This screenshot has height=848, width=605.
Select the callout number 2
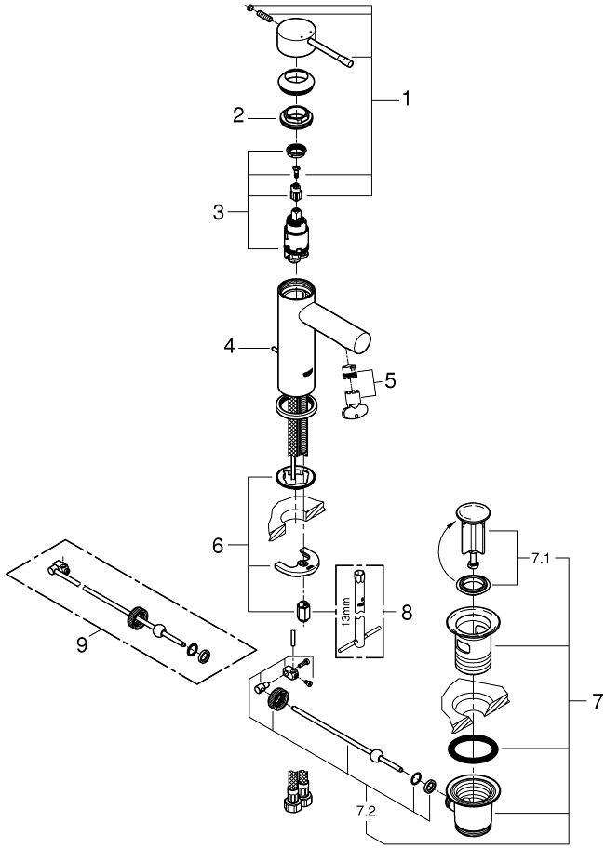point(238,115)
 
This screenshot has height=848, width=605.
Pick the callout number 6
point(217,547)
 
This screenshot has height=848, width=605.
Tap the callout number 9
point(83,643)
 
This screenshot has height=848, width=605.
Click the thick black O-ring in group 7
point(474,749)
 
